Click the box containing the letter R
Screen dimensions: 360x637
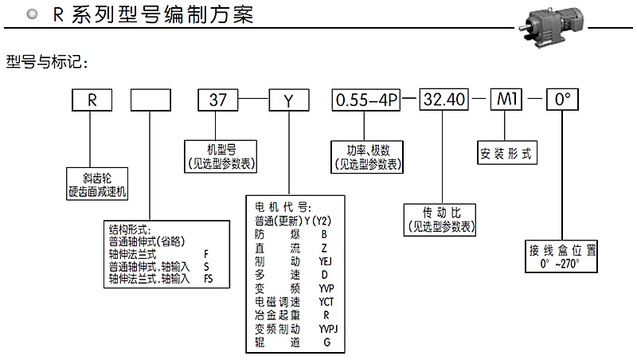click(x=92, y=100)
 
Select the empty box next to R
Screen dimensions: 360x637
click(x=150, y=100)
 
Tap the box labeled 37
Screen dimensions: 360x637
click(x=219, y=100)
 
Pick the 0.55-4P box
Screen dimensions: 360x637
click(x=367, y=100)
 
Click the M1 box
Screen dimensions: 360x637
click(x=506, y=100)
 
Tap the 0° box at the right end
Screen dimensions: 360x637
click(x=562, y=100)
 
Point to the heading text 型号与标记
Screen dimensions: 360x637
click(x=45, y=61)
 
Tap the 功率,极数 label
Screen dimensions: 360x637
click(x=367, y=156)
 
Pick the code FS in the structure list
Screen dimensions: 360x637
click(x=208, y=278)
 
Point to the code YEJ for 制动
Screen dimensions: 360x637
click(x=324, y=260)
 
